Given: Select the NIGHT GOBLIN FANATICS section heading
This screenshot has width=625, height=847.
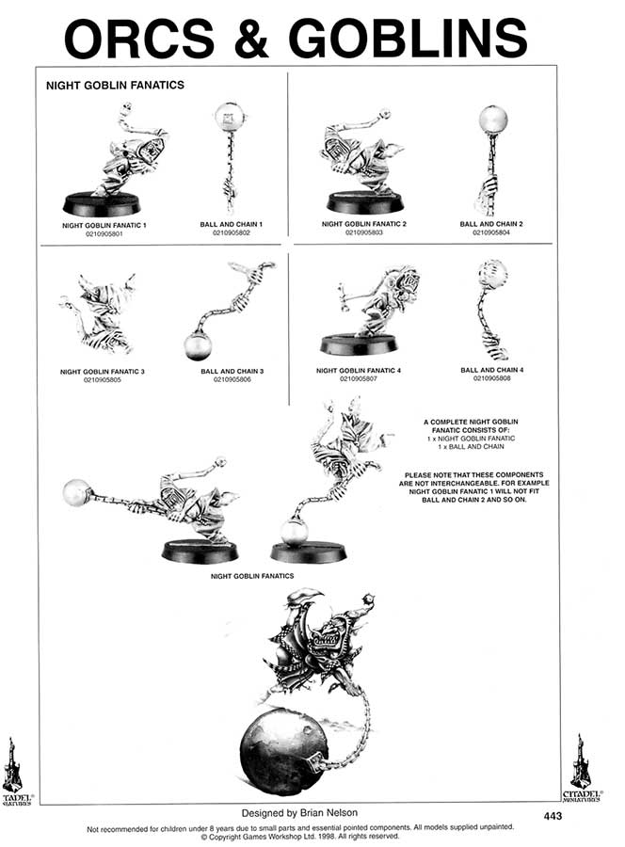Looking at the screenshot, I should pos(115,85).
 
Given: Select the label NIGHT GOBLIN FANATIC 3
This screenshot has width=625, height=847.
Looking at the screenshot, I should pos(102,372).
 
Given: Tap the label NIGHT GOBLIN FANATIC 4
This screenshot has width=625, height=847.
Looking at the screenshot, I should pos(359,371).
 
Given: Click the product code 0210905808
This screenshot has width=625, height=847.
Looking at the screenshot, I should pos(491,378).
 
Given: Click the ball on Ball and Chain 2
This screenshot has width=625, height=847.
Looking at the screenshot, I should pos(492,120).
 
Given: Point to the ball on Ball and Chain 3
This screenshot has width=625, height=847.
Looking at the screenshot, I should pos(199,346).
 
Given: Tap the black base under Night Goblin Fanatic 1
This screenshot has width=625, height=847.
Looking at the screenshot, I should pos(101,203).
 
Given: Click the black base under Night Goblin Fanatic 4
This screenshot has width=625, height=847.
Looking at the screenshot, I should pos(358,344).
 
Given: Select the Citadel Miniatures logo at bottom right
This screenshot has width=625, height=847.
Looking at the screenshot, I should pos(581,765).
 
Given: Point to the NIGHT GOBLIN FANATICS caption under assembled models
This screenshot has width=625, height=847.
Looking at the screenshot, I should pos(252,575).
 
